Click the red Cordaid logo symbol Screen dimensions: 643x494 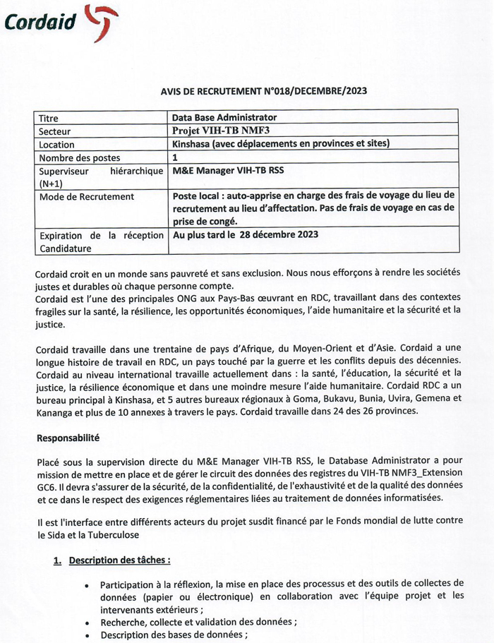click(x=101, y=23)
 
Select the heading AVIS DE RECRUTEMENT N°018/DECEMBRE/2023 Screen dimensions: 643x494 click(x=264, y=90)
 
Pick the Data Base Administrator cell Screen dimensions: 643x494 click(x=224, y=117)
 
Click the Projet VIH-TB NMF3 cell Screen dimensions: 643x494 click(x=221, y=131)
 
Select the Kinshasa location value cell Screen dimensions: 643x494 click(x=281, y=144)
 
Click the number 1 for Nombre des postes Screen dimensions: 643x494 click(x=175, y=157)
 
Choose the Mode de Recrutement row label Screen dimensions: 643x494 click(x=86, y=196)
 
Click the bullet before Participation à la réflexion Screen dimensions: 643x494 click(x=86, y=585)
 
